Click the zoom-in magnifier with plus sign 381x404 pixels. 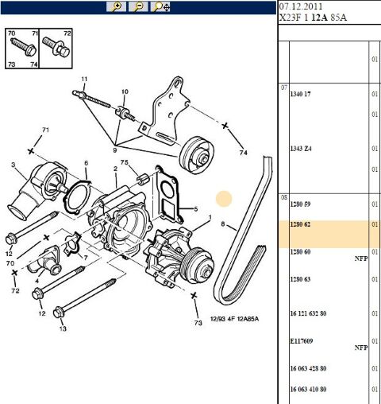click(117, 6)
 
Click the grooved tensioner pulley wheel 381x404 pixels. click(194, 156)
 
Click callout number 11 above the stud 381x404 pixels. click(84, 78)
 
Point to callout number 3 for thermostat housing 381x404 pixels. click(13, 165)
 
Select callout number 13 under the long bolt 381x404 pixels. click(63, 328)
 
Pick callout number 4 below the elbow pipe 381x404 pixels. click(36, 280)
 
